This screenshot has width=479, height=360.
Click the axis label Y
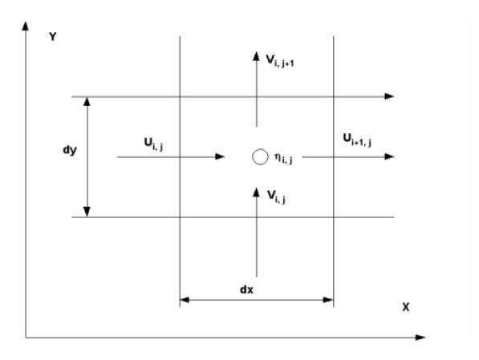click(52, 37)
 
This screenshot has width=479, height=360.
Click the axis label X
click(406, 307)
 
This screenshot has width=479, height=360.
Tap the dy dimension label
click(70, 150)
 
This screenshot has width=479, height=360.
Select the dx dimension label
click(246, 289)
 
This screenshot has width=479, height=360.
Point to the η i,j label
click(283, 158)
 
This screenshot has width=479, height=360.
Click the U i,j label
click(153, 144)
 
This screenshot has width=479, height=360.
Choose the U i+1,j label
click(357, 140)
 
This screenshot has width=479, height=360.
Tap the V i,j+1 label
click(280, 61)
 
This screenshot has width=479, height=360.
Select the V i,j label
click(276, 196)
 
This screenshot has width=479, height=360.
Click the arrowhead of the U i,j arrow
click(220, 156)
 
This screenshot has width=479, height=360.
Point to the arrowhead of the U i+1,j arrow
click(389, 156)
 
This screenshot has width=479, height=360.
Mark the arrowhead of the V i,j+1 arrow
click(256, 56)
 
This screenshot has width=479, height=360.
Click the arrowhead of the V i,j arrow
click(256, 192)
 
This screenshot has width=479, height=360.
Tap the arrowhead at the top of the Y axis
click(26, 26)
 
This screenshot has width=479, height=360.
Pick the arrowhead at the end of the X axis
click(420, 338)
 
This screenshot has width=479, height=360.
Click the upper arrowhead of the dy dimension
click(87, 102)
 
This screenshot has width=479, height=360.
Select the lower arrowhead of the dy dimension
click(87, 212)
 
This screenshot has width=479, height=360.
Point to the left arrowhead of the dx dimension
click(185, 300)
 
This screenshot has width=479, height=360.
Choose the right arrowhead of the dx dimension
click(328, 300)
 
